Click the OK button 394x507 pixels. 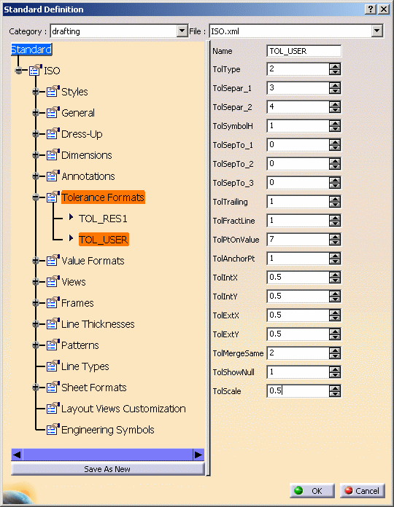(x=312, y=491)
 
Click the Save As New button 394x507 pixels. (x=107, y=469)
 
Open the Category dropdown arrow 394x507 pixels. (x=182, y=31)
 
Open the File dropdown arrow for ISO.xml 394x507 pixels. (x=376, y=31)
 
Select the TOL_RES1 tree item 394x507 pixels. (x=103, y=219)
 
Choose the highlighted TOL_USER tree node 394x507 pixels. (x=104, y=240)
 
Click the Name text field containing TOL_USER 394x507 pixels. (x=304, y=51)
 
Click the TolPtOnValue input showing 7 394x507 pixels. (x=298, y=239)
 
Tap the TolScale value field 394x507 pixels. (x=298, y=391)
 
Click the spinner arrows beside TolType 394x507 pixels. (x=335, y=69)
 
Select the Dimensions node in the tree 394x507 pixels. (x=86, y=155)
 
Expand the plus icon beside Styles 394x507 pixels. (x=36, y=92)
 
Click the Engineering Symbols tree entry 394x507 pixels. (x=108, y=430)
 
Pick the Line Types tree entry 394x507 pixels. (x=85, y=366)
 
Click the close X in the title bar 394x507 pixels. (x=384, y=9)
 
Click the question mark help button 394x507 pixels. (x=371, y=9)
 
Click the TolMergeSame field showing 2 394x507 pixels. (x=298, y=353)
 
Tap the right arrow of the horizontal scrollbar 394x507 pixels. (x=198, y=455)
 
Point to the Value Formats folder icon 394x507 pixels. (x=53, y=260)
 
